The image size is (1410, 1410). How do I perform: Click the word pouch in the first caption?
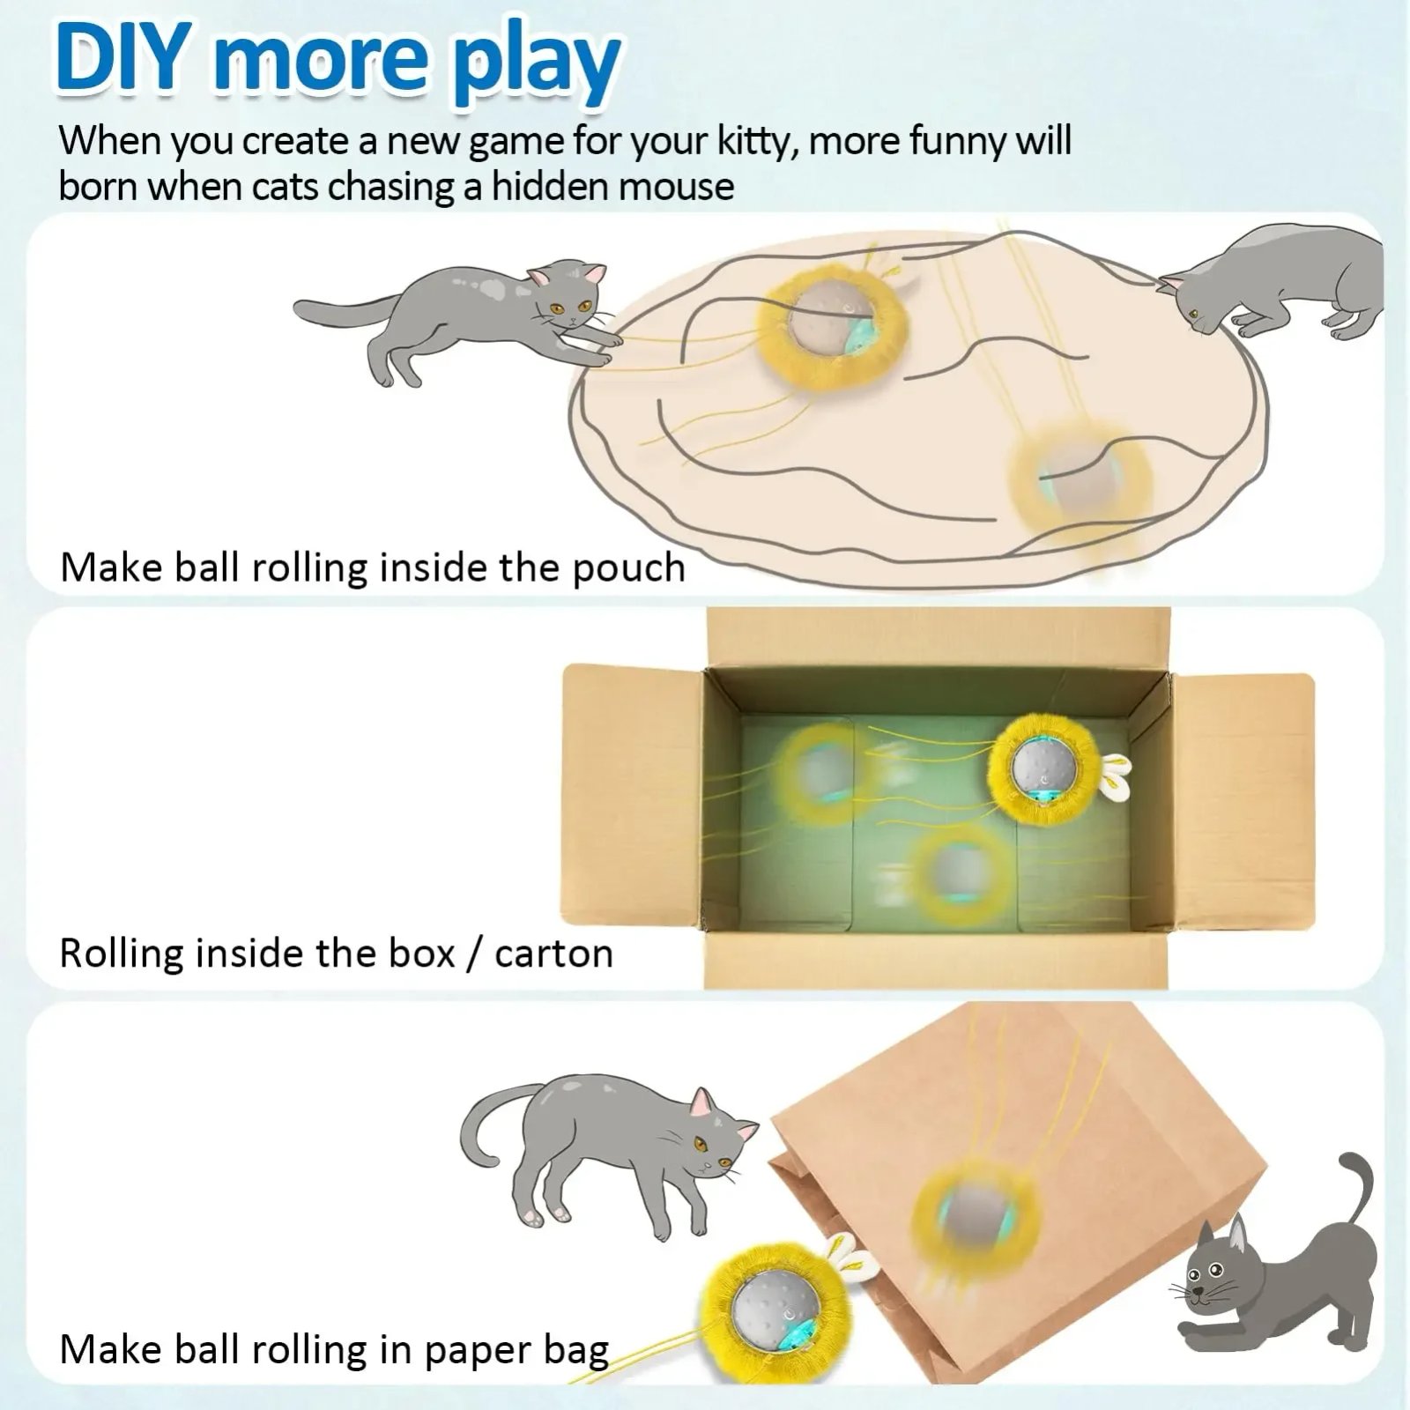tap(628, 568)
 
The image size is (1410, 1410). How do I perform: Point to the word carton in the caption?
tap(553, 954)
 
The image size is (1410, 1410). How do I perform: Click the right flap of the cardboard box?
tap(1243, 802)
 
